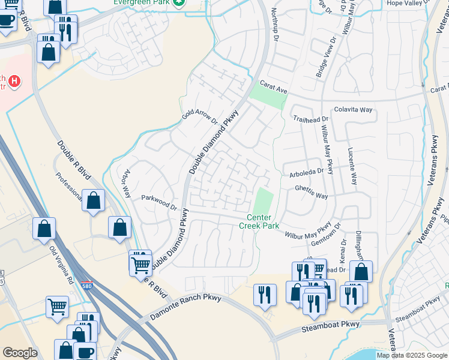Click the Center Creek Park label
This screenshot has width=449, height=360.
point(259,221)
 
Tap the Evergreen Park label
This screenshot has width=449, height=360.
point(143,2)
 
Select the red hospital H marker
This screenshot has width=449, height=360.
point(14,80)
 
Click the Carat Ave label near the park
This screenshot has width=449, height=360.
point(274,87)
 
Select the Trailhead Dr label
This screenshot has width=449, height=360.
point(312,120)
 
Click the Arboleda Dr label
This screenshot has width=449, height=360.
point(306,170)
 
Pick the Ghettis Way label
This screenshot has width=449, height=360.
point(311,196)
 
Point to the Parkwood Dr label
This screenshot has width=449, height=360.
point(159,202)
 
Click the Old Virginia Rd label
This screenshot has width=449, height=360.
point(61,263)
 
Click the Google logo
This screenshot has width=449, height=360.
point(20,353)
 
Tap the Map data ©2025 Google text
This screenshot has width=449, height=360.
point(412,355)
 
